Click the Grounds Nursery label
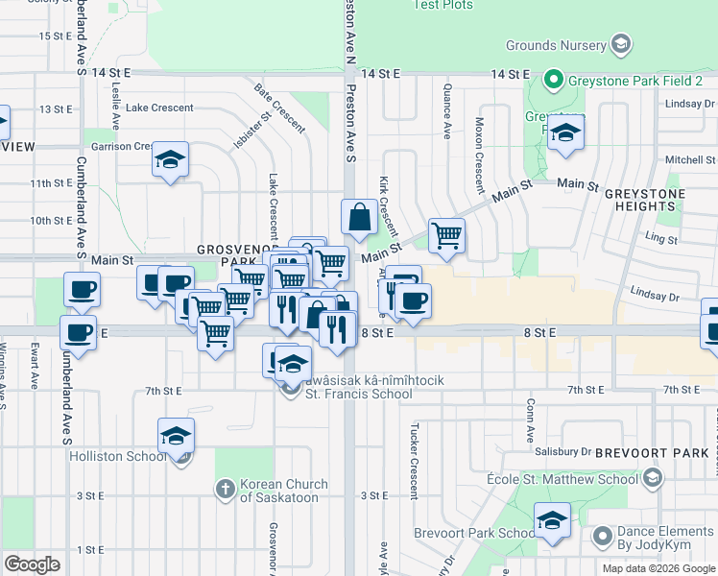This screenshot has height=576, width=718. [557, 44]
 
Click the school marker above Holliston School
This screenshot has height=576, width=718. [176, 436]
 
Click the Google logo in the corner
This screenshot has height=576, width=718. [32, 564]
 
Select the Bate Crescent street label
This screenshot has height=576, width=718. [279, 108]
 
